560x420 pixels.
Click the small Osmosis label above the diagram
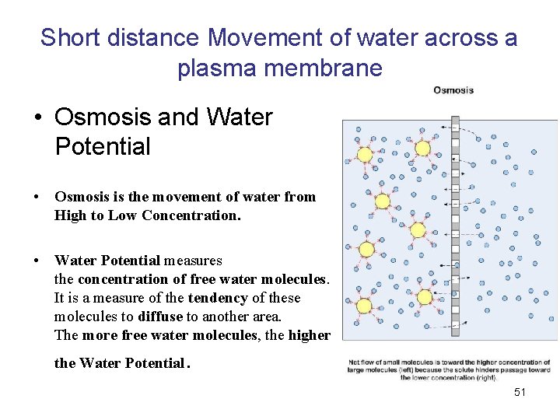(453, 90)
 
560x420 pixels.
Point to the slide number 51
(520, 392)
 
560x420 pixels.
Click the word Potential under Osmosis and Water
(102, 146)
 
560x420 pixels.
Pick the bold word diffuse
(160, 317)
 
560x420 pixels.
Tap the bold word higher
(309, 335)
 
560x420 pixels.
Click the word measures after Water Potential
(193, 261)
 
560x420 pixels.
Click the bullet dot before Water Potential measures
(37, 261)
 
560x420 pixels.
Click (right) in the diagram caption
(482, 377)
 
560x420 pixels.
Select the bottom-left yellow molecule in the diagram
(363, 305)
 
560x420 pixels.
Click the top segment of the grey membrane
(455, 122)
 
